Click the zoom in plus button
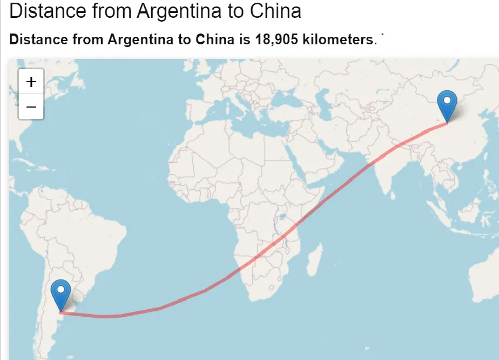(x=31, y=82)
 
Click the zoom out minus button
(x=31, y=107)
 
